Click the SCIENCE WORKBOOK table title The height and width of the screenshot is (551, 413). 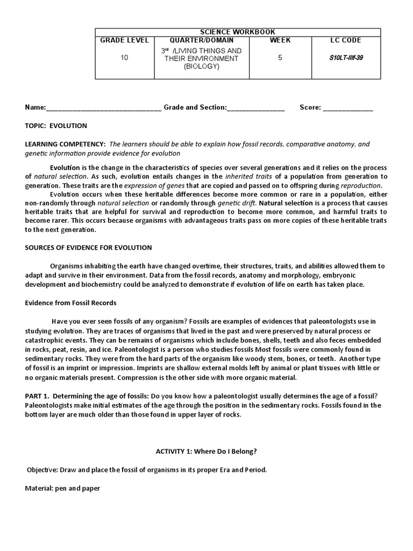[x=238, y=32]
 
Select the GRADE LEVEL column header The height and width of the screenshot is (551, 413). [x=124, y=40]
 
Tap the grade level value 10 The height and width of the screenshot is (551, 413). [x=124, y=58]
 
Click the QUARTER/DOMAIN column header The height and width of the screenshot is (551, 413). [x=201, y=40]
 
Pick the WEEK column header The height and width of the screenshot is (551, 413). [x=280, y=40]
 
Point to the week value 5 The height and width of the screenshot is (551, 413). [x=280, y=58]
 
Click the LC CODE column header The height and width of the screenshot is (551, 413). [x=346, y=40]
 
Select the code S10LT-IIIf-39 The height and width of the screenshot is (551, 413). [x=346, y=58]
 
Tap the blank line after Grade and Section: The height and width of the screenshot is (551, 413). [x=256, y=108]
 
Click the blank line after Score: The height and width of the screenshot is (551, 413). [x=347, y=108]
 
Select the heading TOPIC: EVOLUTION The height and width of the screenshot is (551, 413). [x=56, y=126]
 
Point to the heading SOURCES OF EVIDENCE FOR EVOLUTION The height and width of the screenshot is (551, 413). [x=88, y=248]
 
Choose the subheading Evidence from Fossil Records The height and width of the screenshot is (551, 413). [x=70, y=303]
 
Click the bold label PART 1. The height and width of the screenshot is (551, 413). [x=38, y=395]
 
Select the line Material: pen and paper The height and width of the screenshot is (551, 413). [x=62, y=489]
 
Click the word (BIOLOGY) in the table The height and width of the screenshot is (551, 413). [x=201, y=66]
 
